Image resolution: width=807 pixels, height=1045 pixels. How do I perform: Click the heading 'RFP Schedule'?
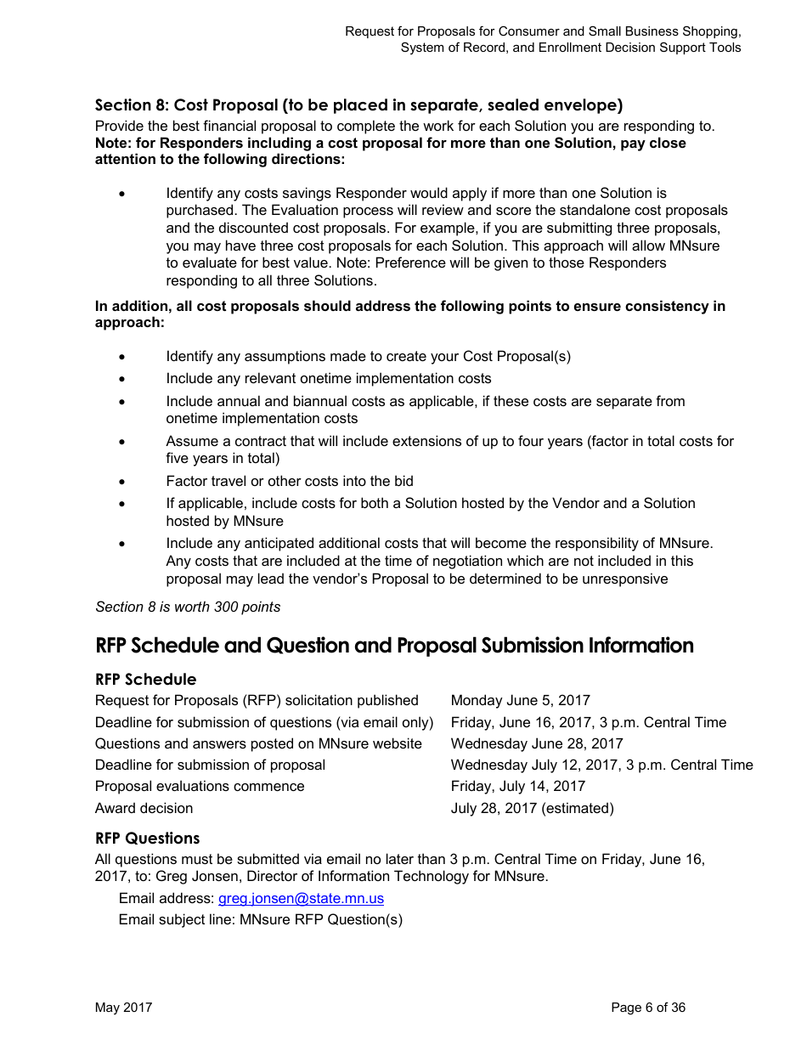click(145, 679)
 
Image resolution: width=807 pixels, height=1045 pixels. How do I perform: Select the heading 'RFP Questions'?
click(147, 838)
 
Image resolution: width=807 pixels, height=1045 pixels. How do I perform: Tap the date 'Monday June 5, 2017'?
click(520, 700)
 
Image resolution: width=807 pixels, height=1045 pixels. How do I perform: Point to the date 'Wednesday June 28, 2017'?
click(536, 743)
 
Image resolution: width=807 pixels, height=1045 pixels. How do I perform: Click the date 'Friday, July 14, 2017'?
click(517, 786)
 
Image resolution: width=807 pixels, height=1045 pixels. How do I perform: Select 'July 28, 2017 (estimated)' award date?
click(532, 808)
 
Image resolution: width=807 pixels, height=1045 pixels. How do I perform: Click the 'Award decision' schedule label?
click(144, 808)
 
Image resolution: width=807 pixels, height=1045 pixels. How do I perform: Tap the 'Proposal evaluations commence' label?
click(200, 786)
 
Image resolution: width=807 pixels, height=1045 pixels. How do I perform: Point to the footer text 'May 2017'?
click(123, 1008)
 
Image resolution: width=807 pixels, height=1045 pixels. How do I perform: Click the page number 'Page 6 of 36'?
click(647, 1008)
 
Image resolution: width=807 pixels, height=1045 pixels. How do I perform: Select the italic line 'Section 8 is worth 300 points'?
click(188, 607)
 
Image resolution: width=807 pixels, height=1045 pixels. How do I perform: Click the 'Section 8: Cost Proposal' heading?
click(358, 105)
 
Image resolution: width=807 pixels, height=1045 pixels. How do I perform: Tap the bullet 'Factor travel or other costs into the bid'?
click(290, 481)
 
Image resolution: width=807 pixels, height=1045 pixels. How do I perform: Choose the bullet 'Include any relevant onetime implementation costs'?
click(328, 378)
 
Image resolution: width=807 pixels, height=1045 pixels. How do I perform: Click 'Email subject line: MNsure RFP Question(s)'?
click(260, 919)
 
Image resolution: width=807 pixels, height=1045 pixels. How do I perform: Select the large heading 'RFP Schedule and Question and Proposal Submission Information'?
click(394, 646)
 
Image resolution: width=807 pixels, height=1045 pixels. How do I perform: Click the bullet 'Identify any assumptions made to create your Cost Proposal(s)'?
click(368, 356)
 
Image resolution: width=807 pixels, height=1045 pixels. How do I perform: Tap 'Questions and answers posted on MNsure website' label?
click(258, 743)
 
